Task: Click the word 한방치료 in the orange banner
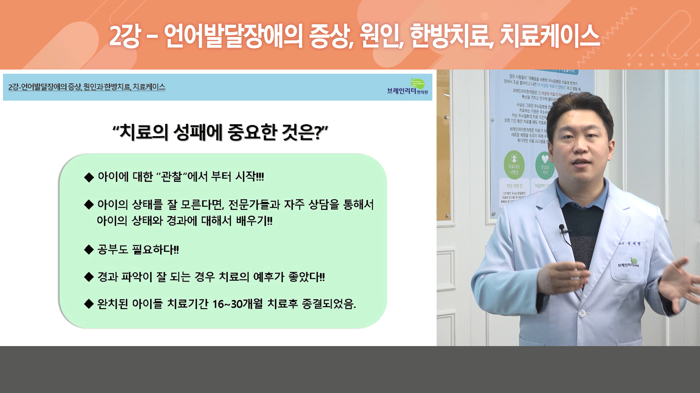tap(452, 36)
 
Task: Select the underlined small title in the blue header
tap(87, 87)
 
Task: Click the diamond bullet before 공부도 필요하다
tap(89, 250)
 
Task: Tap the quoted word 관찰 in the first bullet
tap(171, 177)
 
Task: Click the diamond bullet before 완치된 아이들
tap(89, 304)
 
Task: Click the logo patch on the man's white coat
tap(629, 264)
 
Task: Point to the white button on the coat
tap(582, 313)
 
